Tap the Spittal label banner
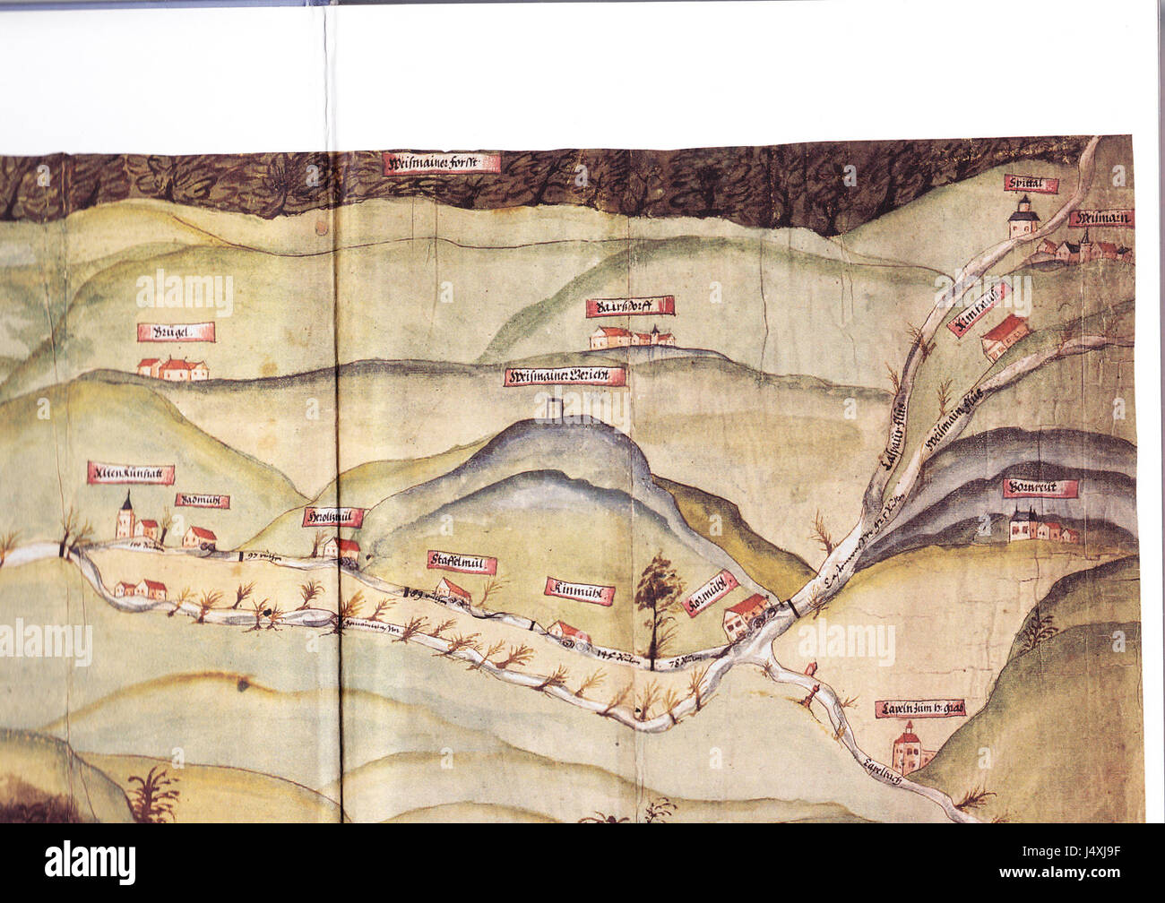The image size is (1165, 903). coord(1031,185)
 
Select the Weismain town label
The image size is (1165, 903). coord(1101,219)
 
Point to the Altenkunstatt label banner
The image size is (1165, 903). coord(131,474)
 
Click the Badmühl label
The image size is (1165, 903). coord(202,502)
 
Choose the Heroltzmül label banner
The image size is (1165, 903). coord(333,518)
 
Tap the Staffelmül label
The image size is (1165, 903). coord(462,563)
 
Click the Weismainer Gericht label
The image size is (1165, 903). coord(565,376)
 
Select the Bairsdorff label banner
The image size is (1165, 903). coord(629,307)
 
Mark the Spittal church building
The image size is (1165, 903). coord(1023,220)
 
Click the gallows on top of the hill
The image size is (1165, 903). coord(550,408)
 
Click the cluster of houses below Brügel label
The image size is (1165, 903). coord(172,367)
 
